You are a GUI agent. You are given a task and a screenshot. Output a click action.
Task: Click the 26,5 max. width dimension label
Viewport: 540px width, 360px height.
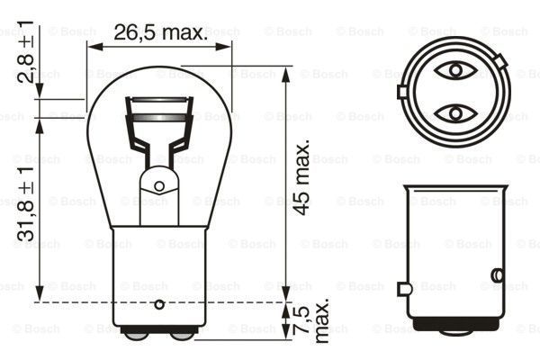(159, 33)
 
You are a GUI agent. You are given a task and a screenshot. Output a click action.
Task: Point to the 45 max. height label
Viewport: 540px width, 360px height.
(304, 176)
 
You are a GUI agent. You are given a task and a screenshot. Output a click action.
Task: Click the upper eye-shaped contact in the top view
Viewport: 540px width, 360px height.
(454, 69)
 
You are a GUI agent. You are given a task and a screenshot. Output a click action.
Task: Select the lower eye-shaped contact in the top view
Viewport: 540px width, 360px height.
(454, 112)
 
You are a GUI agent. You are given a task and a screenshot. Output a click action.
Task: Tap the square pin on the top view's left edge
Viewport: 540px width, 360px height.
(401, 91)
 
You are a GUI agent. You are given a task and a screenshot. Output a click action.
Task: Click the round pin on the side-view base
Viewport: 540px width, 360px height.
(496, 275)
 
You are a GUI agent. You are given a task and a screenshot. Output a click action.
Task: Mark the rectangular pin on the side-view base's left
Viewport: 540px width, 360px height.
(405, 288)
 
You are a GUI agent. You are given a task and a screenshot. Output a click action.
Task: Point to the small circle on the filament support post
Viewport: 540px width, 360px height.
(159, 186)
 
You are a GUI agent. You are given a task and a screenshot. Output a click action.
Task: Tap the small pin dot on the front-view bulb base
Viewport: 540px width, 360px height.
(159, 302)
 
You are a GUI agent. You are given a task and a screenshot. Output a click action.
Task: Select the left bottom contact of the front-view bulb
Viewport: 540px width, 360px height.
(137, 335)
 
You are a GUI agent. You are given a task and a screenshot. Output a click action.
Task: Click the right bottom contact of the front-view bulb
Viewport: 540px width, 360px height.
(181, 335)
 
